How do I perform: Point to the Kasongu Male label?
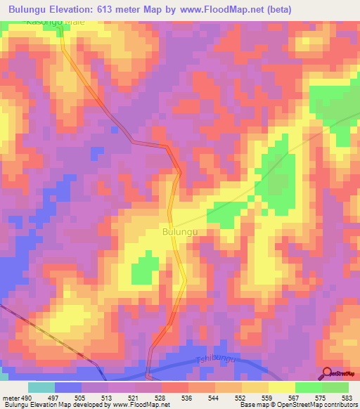(x=54, y=22)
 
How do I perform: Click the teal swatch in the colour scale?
(x=41, y=387)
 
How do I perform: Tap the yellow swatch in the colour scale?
(x=281, y=387)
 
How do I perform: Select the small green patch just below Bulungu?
(x=146, y=268)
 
